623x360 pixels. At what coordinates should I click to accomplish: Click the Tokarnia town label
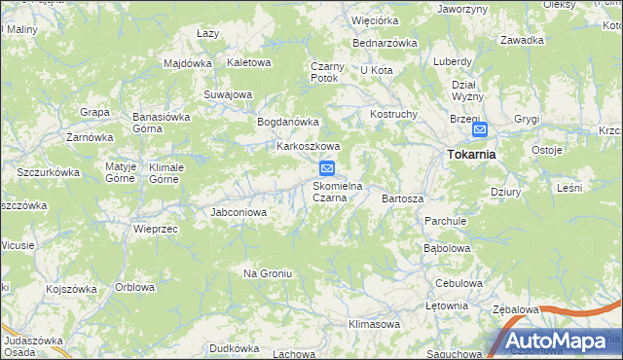point(471,154)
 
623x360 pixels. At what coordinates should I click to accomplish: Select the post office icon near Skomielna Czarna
point(328,167)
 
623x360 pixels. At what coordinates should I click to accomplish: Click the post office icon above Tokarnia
point(479,129)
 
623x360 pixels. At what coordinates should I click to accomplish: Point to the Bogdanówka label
point(287,122)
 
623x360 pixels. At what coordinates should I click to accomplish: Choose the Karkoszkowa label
point(308,147)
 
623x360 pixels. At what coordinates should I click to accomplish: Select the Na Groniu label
point(268,273)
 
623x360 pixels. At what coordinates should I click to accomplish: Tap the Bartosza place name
point(403,198)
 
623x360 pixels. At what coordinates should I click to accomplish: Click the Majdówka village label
point(188,63)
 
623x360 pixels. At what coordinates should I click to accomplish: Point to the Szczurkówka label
point(48,171)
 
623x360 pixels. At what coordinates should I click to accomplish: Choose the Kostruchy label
point(393,114)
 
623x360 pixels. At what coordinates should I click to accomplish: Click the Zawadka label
point(522,40)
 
